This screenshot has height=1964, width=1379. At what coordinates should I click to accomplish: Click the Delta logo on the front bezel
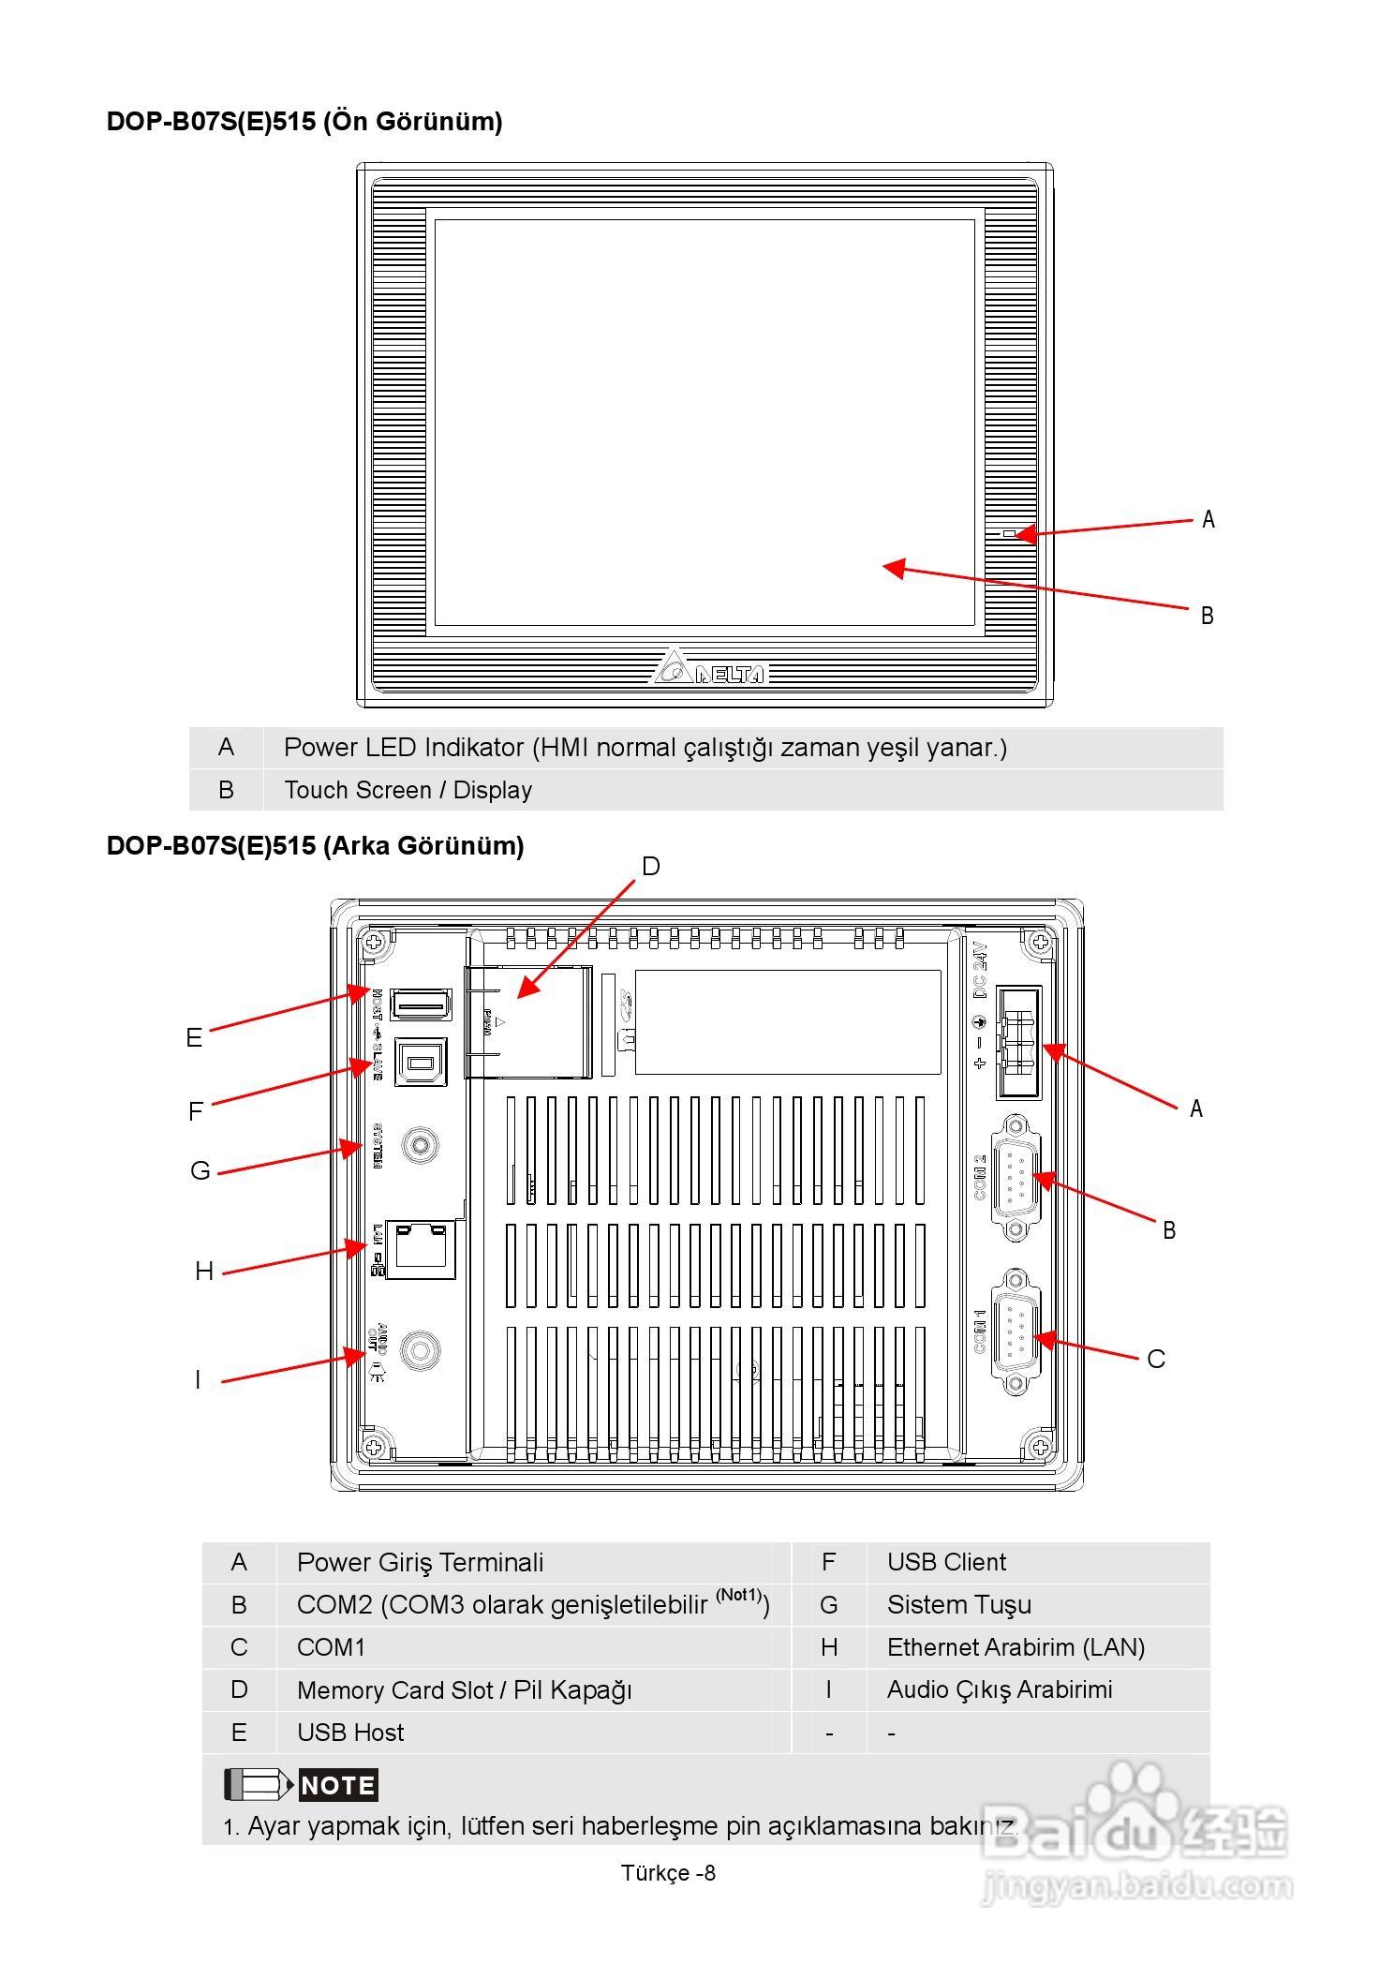tap(709, 669)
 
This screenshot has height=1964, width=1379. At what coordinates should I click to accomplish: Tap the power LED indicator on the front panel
tap(1008, 534)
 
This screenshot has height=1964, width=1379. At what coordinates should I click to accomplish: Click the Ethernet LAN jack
tap(422, 1248)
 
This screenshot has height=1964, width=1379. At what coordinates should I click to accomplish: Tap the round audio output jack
tap(420, 1350)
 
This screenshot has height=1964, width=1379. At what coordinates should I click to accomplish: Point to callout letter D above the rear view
tap(651, 867)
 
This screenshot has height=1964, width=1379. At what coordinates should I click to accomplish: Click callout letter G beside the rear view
tap(200, 1171)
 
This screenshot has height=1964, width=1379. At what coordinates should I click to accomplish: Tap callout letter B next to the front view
tap(1208, 616)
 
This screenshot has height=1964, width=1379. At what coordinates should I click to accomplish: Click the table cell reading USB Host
tap(350, 1733)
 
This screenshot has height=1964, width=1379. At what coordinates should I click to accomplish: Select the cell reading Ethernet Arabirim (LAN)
tap(1016, 1647)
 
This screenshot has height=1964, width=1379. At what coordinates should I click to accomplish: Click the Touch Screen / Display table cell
tap(408, 790)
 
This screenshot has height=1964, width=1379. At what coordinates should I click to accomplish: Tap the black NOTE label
tap(338, 1785)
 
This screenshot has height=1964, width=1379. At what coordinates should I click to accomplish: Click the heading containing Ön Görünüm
tap(304, 122)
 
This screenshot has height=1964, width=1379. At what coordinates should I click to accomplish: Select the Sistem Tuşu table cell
tap(958, 1605)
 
